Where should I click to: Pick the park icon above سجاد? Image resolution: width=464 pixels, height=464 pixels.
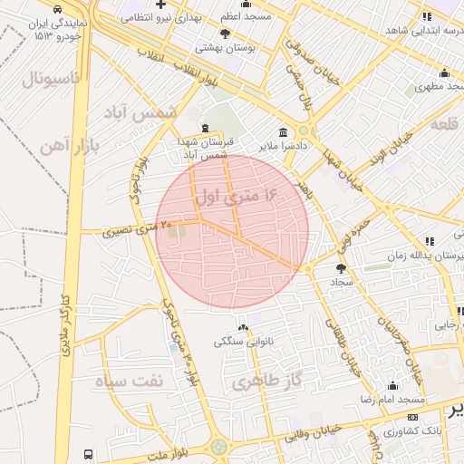coord(341,268)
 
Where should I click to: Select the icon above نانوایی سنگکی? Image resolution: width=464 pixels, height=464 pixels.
coord(242,327)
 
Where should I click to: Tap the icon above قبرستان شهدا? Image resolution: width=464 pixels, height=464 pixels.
coord(204,128)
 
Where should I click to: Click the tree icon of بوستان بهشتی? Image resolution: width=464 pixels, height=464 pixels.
coord(225,34)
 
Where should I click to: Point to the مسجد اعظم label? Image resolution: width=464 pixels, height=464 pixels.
coord(245,16)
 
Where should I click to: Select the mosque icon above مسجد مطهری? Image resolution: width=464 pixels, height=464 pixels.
coord(444,73)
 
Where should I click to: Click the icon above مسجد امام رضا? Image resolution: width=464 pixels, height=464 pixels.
coord(391,385)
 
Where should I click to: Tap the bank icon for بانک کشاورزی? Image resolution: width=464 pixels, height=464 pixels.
coord(413,417)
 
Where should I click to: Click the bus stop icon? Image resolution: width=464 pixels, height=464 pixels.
coord(88,454)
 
